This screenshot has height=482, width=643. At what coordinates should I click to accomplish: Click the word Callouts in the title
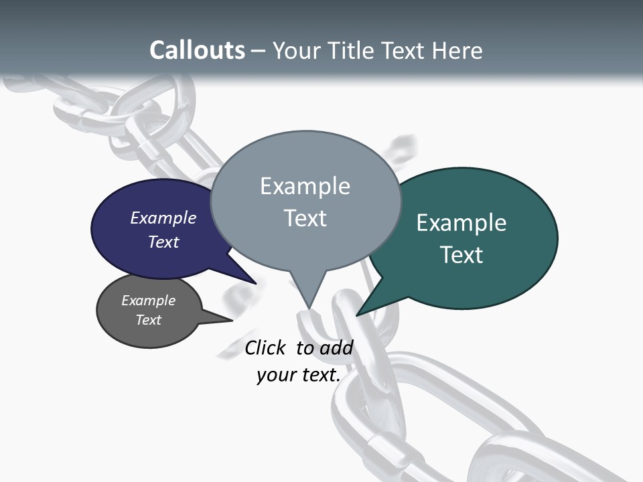197,50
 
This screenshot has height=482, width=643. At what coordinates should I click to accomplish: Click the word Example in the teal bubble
461,223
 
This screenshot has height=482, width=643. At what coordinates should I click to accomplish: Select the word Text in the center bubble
305,218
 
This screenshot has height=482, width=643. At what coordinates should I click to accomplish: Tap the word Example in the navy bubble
163,218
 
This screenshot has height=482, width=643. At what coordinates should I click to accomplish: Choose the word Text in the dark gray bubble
149,320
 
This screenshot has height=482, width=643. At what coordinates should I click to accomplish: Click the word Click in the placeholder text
267,347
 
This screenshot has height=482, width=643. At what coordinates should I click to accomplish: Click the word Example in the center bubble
305,186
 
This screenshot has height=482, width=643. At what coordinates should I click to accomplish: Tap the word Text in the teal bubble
461,255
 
